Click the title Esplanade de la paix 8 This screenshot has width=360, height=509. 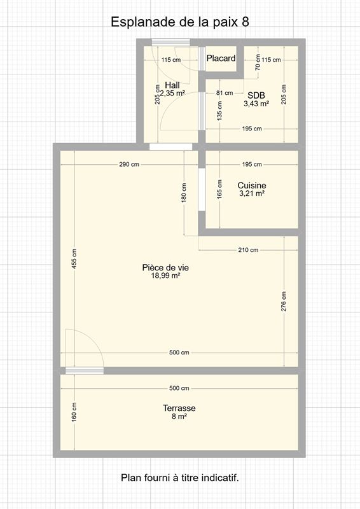(x=180, y=22)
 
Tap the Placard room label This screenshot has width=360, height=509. (x=221, y=59)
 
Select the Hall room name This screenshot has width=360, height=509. (x=172, y=85)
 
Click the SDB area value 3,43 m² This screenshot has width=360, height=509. (x=256, y=104)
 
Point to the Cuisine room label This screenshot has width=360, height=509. (x=252, y=185)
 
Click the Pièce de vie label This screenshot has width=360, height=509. (x=165, y=267)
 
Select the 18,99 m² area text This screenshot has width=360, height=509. (x=165, y=276)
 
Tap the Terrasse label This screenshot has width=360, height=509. (x=179, y=408)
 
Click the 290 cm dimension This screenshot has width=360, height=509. (x=129, y=164)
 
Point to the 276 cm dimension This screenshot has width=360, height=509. (x=284, y=301)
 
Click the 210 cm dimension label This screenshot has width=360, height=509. (x=248, y=249)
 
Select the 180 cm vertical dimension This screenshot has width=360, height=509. (x=184, y=193)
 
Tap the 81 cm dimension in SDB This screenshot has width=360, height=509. (x=225, y=93)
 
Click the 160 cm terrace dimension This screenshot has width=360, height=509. (x=74, y=412)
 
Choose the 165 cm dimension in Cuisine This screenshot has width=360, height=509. (x=220, y=189)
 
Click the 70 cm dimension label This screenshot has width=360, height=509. (x=258, y=62)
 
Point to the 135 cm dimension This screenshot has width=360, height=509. (x=220, y=111)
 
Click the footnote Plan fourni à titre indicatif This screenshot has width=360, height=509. (x=180, y=478)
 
